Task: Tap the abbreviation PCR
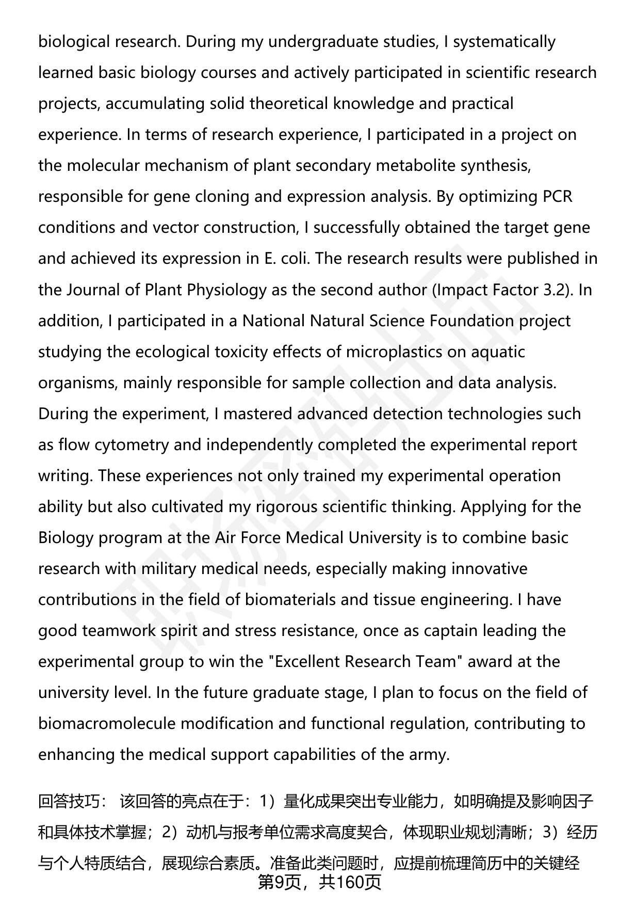pyautogui.click(x=558, y=196)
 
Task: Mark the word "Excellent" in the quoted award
pyautogui.click(x=307, y=661)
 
